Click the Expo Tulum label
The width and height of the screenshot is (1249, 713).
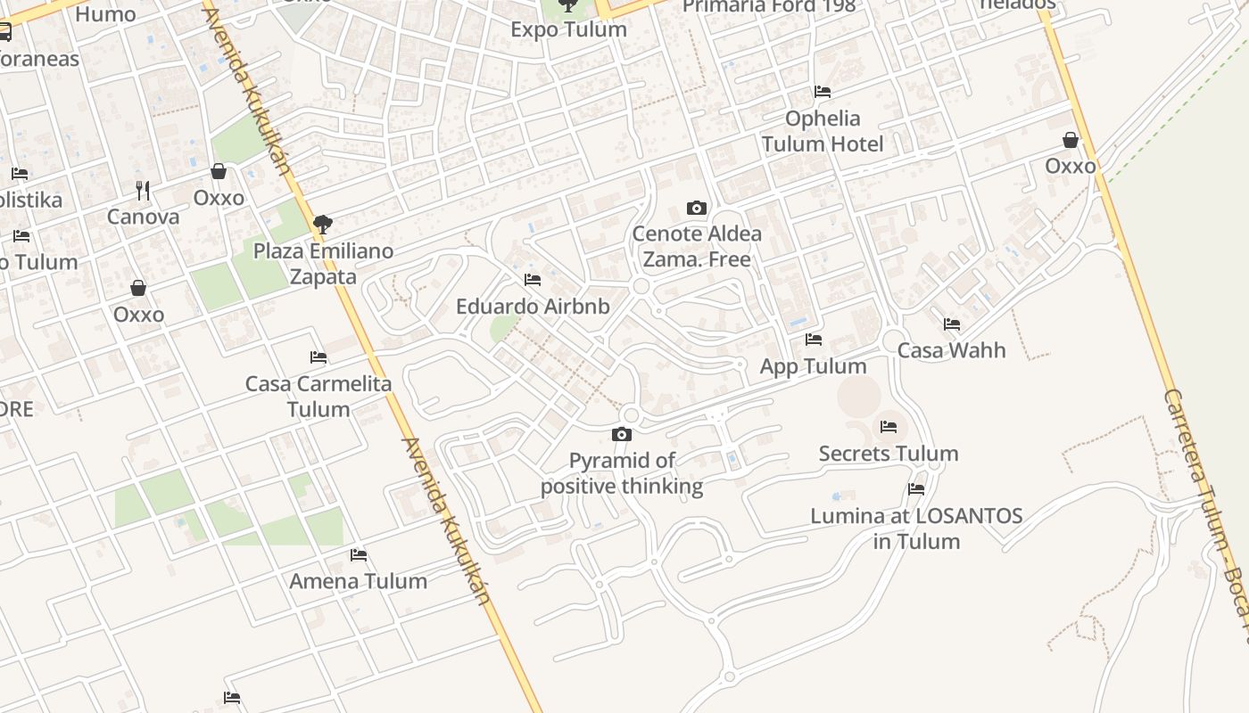[568, 29]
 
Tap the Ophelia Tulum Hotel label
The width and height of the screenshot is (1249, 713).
[822, 131]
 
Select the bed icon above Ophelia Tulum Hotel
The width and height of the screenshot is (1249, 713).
[823, 92]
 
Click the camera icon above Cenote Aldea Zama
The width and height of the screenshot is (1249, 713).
[697, 209]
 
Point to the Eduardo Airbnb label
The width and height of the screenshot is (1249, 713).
[533, 307]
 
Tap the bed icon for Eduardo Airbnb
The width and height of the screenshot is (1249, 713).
[533, 280]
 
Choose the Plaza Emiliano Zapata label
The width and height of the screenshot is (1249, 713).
[323, 264]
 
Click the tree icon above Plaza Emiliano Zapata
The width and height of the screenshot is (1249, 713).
[323, 225]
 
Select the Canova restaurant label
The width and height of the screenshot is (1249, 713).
[143, 217]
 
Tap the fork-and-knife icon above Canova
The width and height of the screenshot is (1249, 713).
[143, 190]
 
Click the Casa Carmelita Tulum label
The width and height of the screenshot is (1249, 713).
[318, 397]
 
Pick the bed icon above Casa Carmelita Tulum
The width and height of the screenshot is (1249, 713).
[318, 357]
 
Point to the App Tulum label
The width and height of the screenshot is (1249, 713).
[813, 366]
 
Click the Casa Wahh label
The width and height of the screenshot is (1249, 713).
[951, 350]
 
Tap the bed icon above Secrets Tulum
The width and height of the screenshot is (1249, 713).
[888, 427]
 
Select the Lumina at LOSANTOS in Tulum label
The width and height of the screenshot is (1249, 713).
[916, 529]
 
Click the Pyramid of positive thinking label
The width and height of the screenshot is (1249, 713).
[622, 473]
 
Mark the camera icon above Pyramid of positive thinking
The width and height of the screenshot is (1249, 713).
[622, 435]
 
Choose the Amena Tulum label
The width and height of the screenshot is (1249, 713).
[358, 581]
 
